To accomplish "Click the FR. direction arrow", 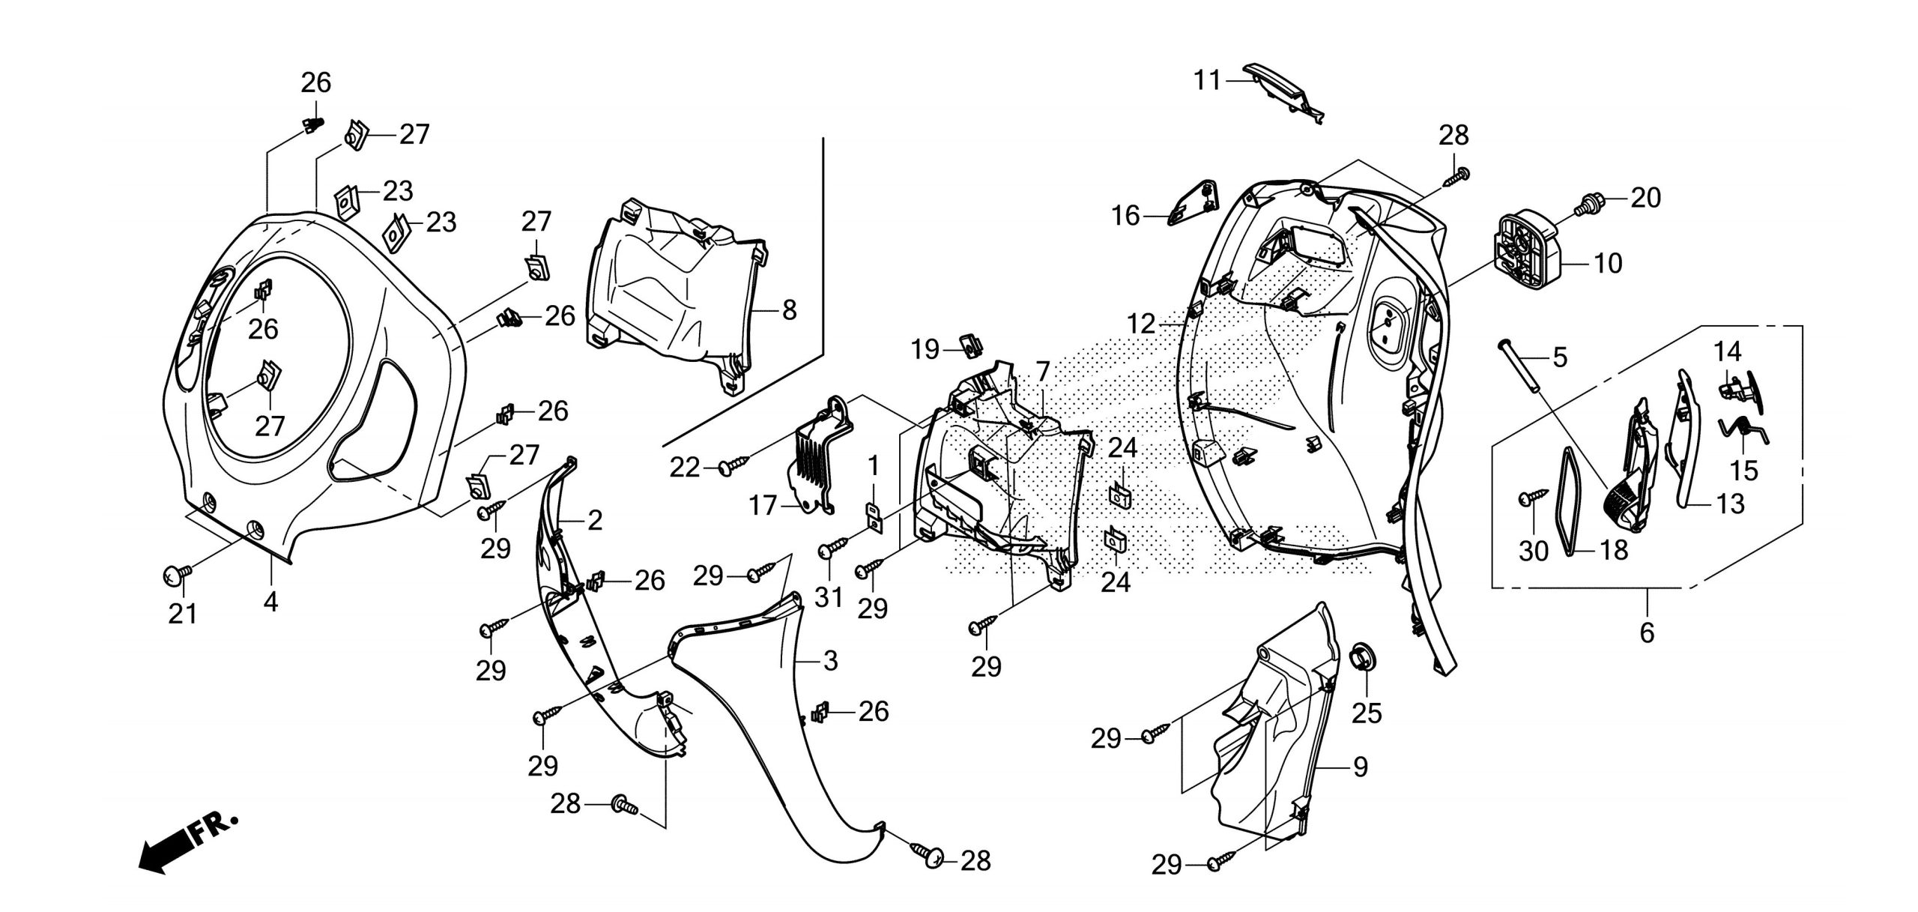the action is tap(187, 842).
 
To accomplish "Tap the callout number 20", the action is tap(1645, 198).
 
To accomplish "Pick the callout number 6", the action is tap(1647, 633).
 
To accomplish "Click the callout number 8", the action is tap(789, 310).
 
